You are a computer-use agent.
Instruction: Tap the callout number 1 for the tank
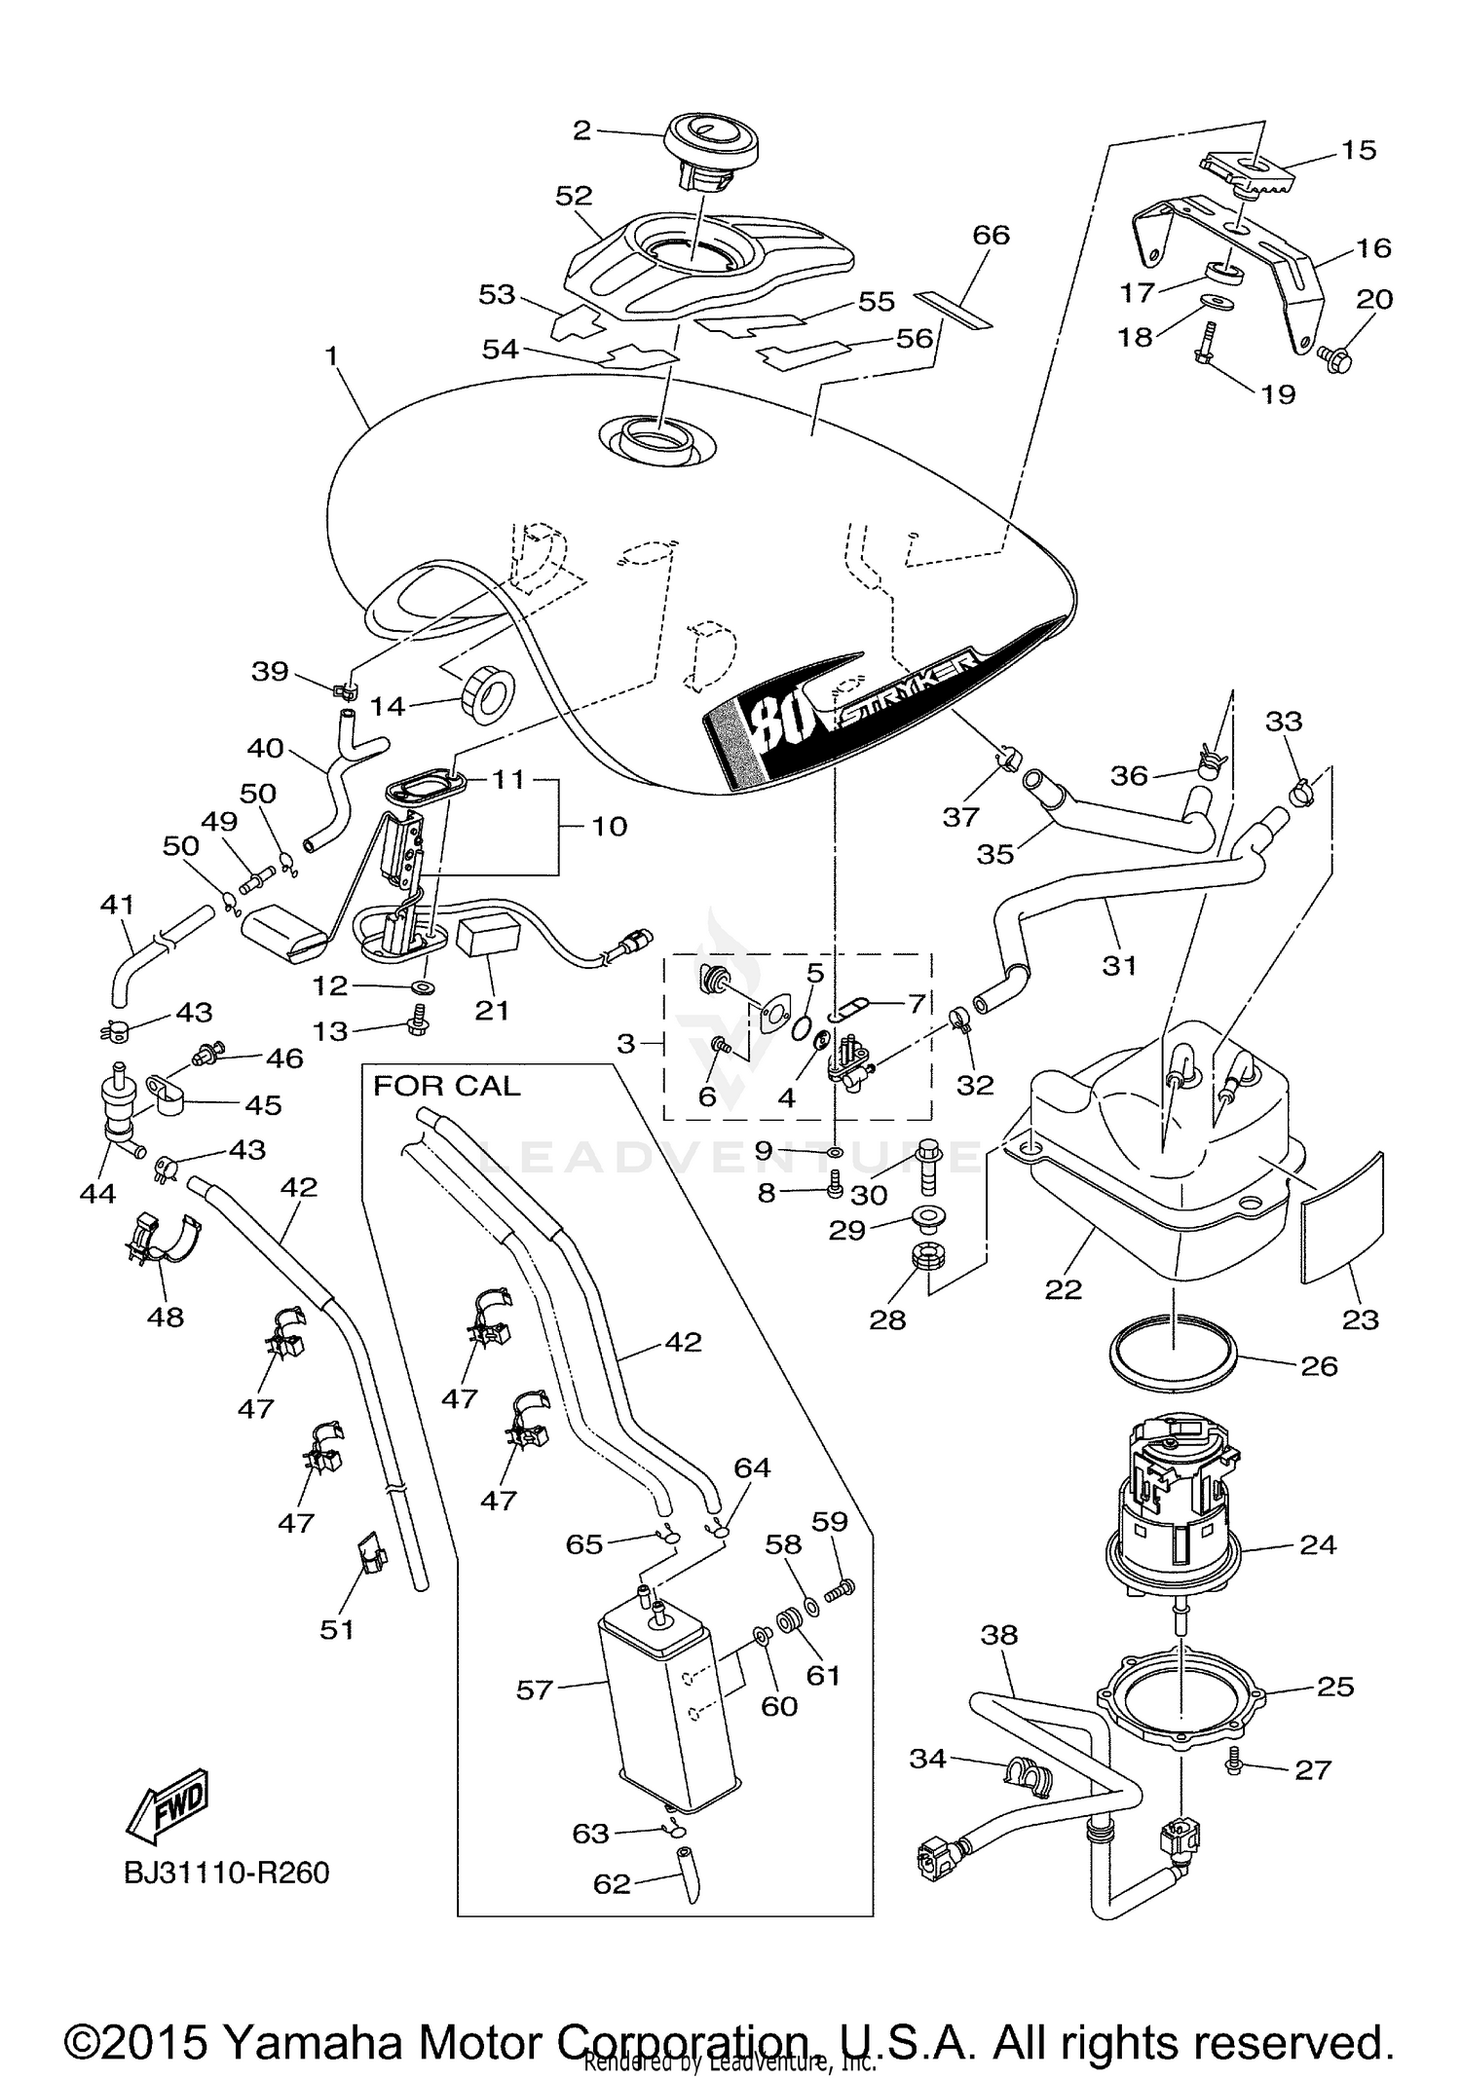(x=332, y=356)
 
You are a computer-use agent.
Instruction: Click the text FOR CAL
(x=447, y=1086)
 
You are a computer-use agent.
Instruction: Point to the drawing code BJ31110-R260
(x=227, y=1873)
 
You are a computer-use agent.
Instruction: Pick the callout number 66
(x=991, y=236)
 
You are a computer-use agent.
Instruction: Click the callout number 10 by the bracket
(x=610, y=827)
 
